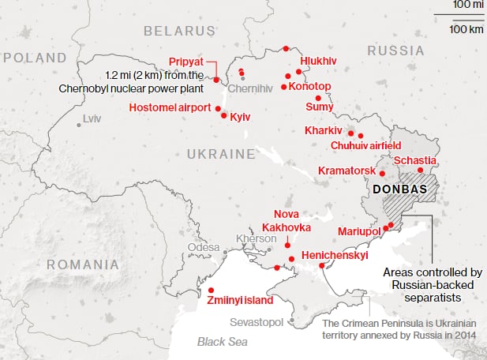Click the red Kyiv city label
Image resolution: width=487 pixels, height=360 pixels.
point(240,117)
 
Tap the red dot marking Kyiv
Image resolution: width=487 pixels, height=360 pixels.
point(224,115)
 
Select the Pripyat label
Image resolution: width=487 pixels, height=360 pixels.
point(187,61)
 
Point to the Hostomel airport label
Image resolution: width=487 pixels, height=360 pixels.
point(170,107)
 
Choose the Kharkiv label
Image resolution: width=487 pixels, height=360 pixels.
point(323,130)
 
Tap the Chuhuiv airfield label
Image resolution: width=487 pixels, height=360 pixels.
point(366,146)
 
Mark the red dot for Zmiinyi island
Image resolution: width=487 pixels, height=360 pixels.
point(211,291)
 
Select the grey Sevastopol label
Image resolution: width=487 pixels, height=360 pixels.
point(256,323)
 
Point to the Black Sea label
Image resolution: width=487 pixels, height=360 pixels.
point(222,342)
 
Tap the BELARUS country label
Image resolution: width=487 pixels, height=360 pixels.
point(179,31)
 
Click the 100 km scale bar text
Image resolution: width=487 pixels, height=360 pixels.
point(466,29)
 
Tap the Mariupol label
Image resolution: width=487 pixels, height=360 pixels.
point(359,231)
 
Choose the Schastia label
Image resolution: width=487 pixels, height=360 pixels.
point(414,160)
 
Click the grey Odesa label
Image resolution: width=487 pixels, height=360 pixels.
point(204,247)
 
